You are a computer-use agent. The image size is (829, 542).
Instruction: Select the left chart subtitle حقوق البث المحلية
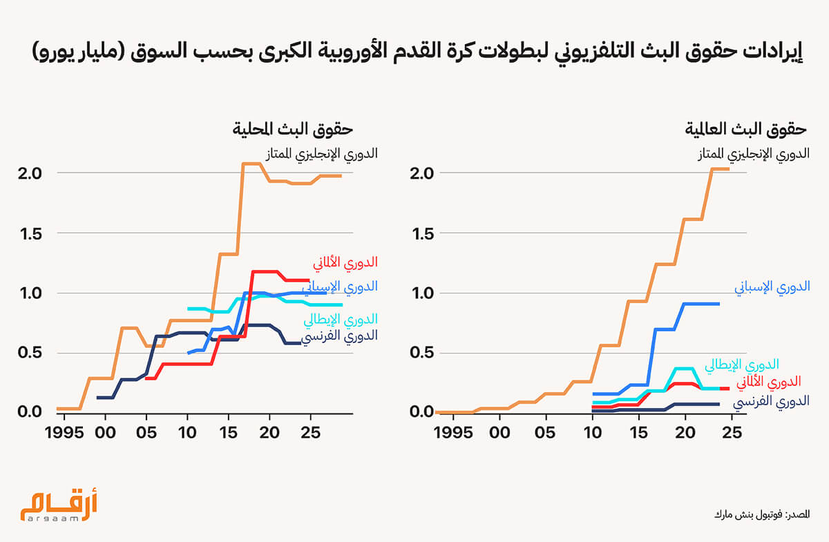pyautogui.click(x=293, y=130)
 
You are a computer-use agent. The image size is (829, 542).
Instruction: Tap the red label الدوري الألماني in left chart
pyautogui.click(x=345, y=262)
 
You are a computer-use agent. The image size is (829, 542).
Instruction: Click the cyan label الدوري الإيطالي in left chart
pyautogui.click(x=341, y=319)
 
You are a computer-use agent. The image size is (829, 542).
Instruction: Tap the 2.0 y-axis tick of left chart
pyautogui.click(x=32, y=173)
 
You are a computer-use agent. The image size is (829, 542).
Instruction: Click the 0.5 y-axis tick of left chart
pyautogui.click(x=32, y=353)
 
